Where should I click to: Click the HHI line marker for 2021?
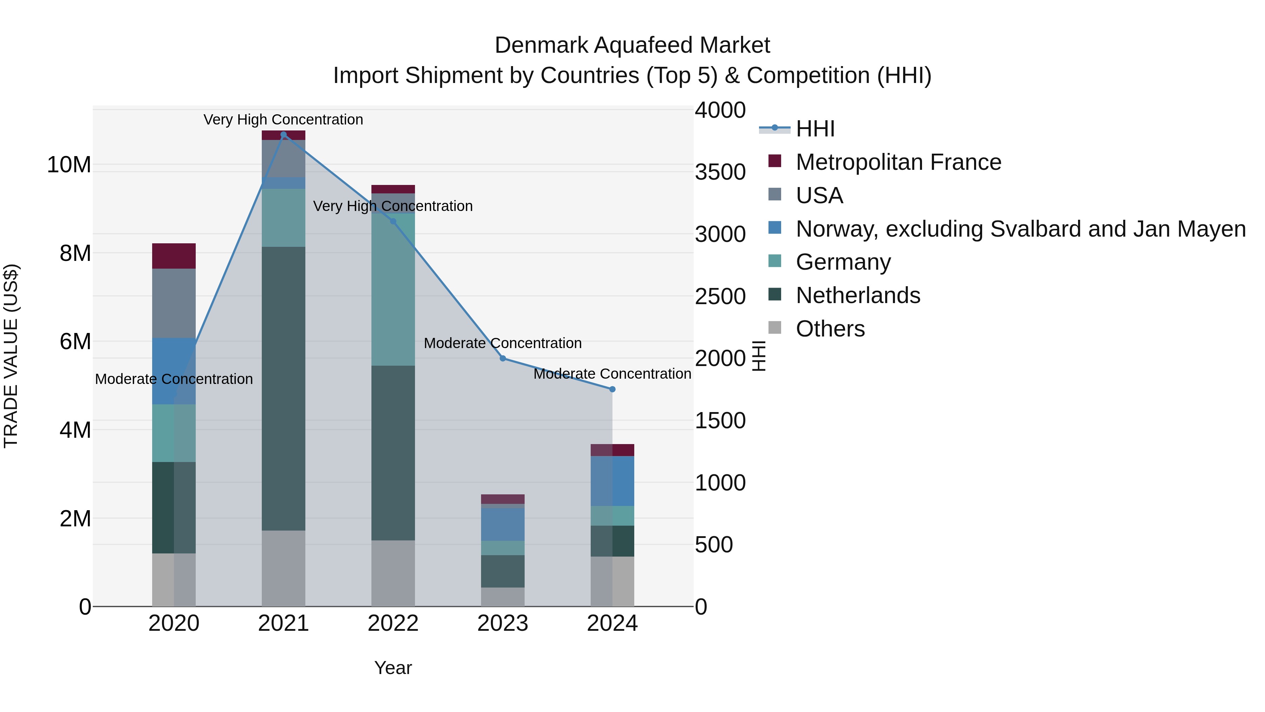pos(283,135)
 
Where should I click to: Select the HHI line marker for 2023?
pos(502,359)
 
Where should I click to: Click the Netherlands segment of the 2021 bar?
pos(283,388)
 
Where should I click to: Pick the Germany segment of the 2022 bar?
pos(393,290)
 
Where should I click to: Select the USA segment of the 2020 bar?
pos(174,303)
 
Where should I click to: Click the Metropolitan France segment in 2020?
pos(174,256)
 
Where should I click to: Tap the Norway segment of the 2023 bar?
pos(502,524)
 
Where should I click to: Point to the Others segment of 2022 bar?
pos(393,573)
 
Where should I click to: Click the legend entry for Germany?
pos(843,262)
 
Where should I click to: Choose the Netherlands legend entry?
pos(857,295)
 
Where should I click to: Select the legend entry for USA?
pos(819,195)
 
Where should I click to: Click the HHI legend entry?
pos(815,129)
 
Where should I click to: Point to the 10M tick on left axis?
pos(69,165)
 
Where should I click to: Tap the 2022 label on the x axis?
pos(393,623)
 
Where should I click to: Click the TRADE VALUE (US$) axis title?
pos(11,356)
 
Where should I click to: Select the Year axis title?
pos(393,668)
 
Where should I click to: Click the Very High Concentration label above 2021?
pos(283,120)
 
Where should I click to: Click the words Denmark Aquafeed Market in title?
pos(632,45)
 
